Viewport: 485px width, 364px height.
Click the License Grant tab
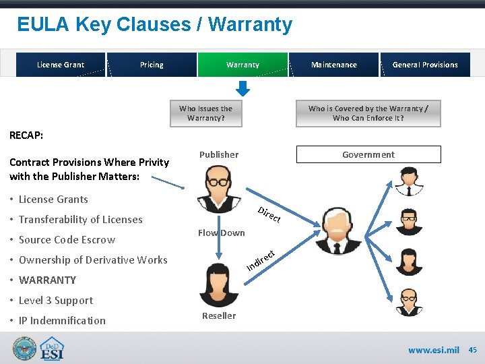[x=61, y=65]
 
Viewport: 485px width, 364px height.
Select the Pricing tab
[x=152, y=65]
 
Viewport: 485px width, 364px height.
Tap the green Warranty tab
[x=243, y=65]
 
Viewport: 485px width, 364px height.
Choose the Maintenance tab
[x=334, y=65]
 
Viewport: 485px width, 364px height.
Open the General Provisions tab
[x=425, y=65]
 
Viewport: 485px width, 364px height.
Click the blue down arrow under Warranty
[x=243, y=88]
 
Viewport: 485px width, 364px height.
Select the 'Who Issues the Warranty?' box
[x=206, y=113]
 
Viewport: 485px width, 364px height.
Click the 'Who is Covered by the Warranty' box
[x=368, y=113]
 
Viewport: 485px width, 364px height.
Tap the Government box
[x=368, y=154]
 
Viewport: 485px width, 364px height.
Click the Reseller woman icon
[x=219, y=285]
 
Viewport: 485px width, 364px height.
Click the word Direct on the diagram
[x=269, y=215]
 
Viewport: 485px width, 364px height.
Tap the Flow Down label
[x=222, y=233]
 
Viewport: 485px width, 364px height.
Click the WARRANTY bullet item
[x=47, y=280]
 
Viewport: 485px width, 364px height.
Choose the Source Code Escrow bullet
[x=67, y=239]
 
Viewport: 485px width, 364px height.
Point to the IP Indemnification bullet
[x=62, y=320]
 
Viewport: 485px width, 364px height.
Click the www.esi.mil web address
[x=433, y=350]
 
